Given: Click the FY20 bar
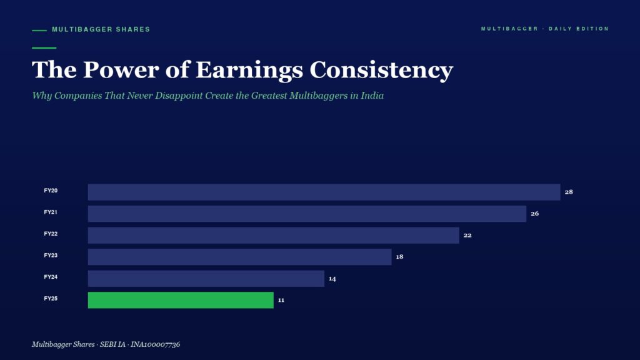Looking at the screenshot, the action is click(324, 192).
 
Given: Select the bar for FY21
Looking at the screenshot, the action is click(307, 214).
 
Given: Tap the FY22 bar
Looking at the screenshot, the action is click(274, 235).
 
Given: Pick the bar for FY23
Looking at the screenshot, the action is click(239, 257).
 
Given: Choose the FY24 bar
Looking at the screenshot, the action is click(206, 278).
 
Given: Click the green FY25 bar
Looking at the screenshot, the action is click(181, 300).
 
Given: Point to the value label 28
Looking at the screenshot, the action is click(569, 192).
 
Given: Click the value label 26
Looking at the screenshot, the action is click(535, 214).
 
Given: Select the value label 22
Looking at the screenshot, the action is click(467, 235).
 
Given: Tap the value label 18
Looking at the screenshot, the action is click(399, 257).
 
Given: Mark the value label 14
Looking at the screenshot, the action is click(332, 279).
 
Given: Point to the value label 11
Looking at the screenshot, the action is click(281, 300).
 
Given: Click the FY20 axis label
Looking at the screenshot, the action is click(51, 191).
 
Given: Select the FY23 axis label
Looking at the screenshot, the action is click(51, 256).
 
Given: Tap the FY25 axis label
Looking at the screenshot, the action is click(51, 299).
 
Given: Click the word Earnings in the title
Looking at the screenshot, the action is click(249, 70).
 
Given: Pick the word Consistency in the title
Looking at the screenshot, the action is click(381, 70).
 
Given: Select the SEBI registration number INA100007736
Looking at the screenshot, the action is click(155, 344).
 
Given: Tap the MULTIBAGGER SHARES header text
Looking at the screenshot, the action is click(101, 29).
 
